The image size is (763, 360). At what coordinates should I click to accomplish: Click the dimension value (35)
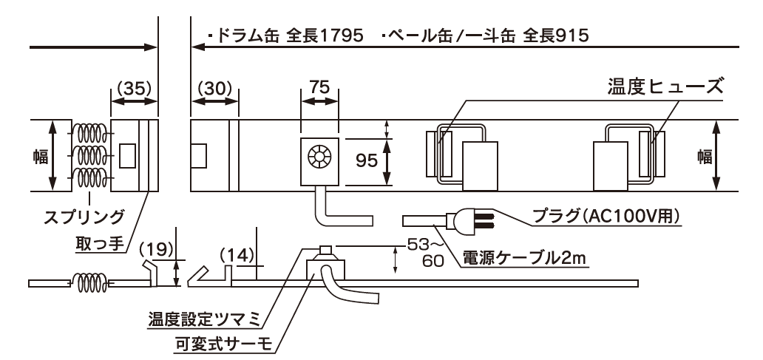(x=133, y=87)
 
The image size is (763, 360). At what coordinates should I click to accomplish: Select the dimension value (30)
(x=214, y=87)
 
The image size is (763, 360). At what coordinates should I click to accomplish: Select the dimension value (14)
(x=237, y=256)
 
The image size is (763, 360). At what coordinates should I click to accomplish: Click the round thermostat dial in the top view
(x=319, y=158)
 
